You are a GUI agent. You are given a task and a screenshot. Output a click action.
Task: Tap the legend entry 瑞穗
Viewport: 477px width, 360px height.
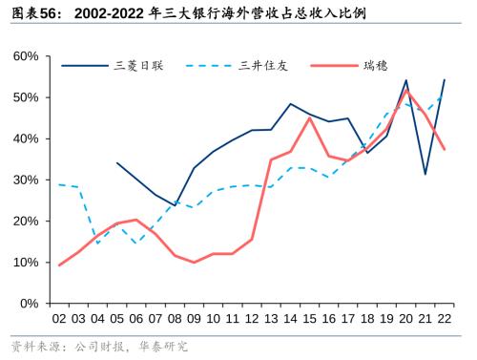376,66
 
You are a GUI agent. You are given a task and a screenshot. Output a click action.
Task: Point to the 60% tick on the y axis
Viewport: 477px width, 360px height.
27,56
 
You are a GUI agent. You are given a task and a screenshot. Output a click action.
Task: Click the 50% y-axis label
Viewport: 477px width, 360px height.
27,97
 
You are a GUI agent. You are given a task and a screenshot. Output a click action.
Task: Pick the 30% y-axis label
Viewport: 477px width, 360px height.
27,180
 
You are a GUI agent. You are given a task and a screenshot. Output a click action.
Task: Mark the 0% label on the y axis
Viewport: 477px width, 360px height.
31,303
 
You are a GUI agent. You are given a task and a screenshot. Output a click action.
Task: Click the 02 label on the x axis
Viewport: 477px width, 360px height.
59,319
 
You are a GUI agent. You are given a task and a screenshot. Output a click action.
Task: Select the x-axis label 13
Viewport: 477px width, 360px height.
271,319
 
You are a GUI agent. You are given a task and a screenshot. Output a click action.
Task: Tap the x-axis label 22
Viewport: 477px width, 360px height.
445,319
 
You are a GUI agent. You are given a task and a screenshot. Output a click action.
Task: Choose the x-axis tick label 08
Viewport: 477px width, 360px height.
175,319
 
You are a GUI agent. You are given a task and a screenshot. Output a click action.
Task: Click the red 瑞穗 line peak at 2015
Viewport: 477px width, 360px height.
310,118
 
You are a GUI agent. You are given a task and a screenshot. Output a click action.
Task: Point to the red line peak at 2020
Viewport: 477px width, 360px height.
406,91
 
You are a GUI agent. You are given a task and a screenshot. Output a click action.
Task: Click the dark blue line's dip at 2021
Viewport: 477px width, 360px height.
425,174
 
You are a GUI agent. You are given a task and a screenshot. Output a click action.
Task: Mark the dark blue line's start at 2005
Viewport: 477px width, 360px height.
116,162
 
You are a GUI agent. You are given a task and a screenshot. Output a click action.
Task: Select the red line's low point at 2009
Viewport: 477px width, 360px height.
194,263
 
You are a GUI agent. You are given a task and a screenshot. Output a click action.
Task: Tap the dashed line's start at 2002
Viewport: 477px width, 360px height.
59,184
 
